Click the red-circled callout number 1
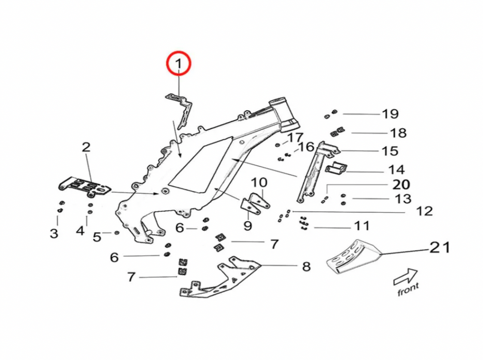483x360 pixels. click(x=179, y=63)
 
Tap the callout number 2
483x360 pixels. click(x=86, y=147)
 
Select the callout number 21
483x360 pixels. click(x=440, y=247)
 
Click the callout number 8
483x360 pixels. click(x=306, y=266)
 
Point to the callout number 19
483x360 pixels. click(x=390, y=114)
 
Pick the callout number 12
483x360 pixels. click(x=425, y=211)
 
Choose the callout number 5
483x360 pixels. click(x=97, y=237)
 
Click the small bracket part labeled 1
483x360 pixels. click(x=182, y=109)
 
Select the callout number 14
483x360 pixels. click(x=397, y=170)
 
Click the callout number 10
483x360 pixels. click(x=259, y=182)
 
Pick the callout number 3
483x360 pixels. click(x=54, y=234)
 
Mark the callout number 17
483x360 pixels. click(x=296, y=138)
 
